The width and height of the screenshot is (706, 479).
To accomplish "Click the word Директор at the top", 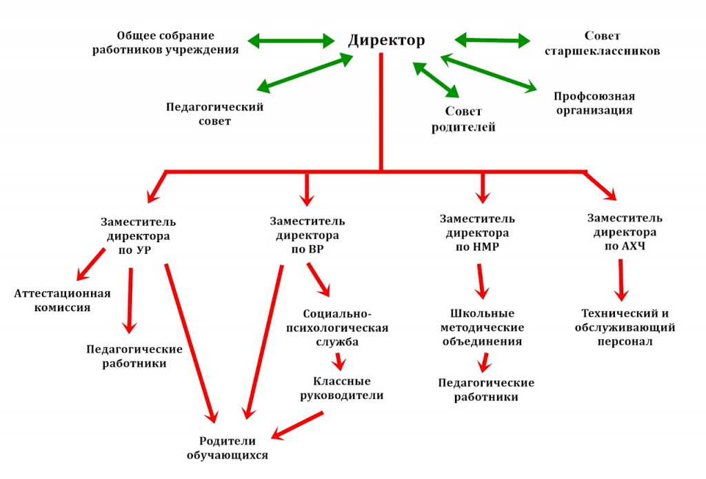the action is [386, 41].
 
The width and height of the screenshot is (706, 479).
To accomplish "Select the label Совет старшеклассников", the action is [602, 43].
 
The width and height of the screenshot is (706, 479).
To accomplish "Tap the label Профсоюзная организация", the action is [594, 104].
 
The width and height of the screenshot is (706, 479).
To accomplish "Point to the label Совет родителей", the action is [463, 119].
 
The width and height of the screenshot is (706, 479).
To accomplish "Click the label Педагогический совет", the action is [215, 114].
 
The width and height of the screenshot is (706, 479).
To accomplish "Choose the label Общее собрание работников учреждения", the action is [165, 42].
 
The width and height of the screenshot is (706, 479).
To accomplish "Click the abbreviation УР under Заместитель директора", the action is [143, 250].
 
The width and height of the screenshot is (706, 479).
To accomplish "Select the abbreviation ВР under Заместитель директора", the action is [315, 249].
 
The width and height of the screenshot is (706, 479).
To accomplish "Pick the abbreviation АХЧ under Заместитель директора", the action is [634, 246].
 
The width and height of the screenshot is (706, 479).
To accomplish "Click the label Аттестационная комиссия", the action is [62, 300].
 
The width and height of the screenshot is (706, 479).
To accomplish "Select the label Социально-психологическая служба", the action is [337, 328].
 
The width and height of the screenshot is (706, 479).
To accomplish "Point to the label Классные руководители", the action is [342, 388].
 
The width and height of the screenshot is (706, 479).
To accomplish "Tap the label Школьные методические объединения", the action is [482, 327].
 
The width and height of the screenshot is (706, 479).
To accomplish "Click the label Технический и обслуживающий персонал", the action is [625, 327].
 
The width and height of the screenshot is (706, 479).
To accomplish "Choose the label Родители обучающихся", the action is [228, 448].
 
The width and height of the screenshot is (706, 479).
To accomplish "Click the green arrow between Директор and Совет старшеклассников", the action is [492, 40].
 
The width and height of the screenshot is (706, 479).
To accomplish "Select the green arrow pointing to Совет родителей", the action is [436, 80].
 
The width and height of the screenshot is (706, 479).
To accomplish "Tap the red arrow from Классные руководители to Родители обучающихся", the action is [297, 425].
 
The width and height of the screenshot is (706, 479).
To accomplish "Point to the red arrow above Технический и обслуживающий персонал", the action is [621, 280].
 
